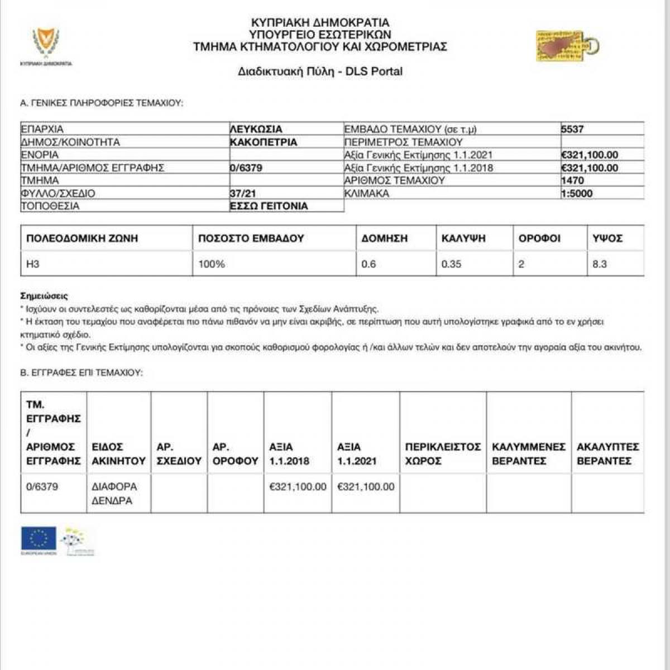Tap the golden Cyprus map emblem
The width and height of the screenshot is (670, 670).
[x=566, y=46]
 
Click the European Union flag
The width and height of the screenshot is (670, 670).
[x=38, y=539]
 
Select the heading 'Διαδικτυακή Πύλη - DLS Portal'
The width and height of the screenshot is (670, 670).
[x=320, y=71]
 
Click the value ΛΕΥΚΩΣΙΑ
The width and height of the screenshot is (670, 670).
[x=256, y=129]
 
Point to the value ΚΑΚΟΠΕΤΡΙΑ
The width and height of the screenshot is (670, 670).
[x=264, y=142]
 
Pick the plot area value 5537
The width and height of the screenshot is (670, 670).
[x=572, y=129]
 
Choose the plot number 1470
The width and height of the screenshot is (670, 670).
[x=572, y=180]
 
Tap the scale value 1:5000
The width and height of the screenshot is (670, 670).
[x=577, y=193]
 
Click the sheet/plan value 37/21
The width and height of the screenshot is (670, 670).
[x=242, y=193]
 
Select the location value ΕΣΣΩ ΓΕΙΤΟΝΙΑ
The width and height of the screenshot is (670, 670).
[x=269, y=206]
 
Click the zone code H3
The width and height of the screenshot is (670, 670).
[x=33, y=264]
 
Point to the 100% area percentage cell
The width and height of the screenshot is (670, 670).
[x=212, y=264]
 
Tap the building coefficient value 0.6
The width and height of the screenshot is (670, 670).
[x=368, y=264]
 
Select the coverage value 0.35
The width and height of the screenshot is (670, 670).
[x=451, y=264]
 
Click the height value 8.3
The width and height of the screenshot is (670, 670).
[x=599, y=264]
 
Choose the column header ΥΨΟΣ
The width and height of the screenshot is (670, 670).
[x=607, y=238]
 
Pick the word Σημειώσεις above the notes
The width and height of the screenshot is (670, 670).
[x=44, y=296]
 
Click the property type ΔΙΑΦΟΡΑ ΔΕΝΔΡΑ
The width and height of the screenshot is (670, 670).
[x=114, y=494]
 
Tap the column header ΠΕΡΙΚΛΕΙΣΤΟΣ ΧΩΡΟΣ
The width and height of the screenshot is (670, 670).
[x=443, y=454]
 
